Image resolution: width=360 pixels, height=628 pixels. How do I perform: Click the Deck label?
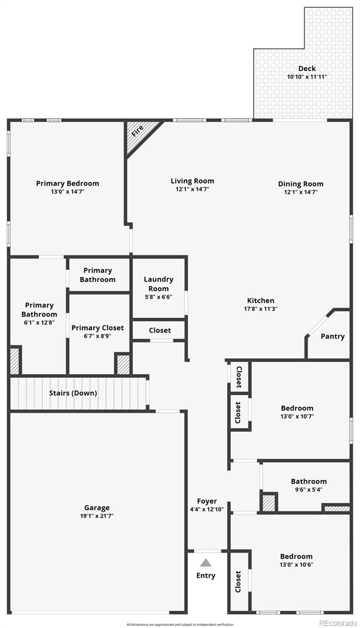click(307, 69)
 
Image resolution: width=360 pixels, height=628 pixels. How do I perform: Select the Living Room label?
click(192, 181)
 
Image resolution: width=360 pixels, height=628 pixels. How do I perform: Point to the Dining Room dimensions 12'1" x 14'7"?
click(300, 192)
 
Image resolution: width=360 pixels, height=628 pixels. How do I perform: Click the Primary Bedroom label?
click(67, 183)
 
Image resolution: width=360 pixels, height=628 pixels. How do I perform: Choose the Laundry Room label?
click(159, 284)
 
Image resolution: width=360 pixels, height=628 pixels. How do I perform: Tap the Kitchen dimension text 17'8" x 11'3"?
click(261, 309)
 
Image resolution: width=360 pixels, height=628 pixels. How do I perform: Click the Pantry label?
click(333, 337)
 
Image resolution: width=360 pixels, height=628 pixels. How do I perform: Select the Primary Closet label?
click(98, 328)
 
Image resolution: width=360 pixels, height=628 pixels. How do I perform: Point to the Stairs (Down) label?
click(73, 393)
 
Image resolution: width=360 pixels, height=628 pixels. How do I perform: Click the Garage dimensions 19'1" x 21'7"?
click(97, 516)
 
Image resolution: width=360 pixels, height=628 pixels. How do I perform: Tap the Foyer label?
click(207, 501)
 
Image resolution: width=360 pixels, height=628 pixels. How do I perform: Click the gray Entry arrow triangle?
click(206, 563)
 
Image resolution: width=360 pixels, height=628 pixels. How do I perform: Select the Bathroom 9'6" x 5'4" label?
click(309, 481)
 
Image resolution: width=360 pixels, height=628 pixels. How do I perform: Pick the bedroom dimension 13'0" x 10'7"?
click(297, 417)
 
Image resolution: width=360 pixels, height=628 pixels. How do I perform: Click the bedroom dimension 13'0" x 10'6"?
click(296, 565)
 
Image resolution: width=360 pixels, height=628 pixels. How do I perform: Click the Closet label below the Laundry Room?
click(160, 330)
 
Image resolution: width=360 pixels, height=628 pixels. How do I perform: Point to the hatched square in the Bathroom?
click(269, 503)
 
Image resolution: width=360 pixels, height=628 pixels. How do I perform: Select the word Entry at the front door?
click(206, 576)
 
